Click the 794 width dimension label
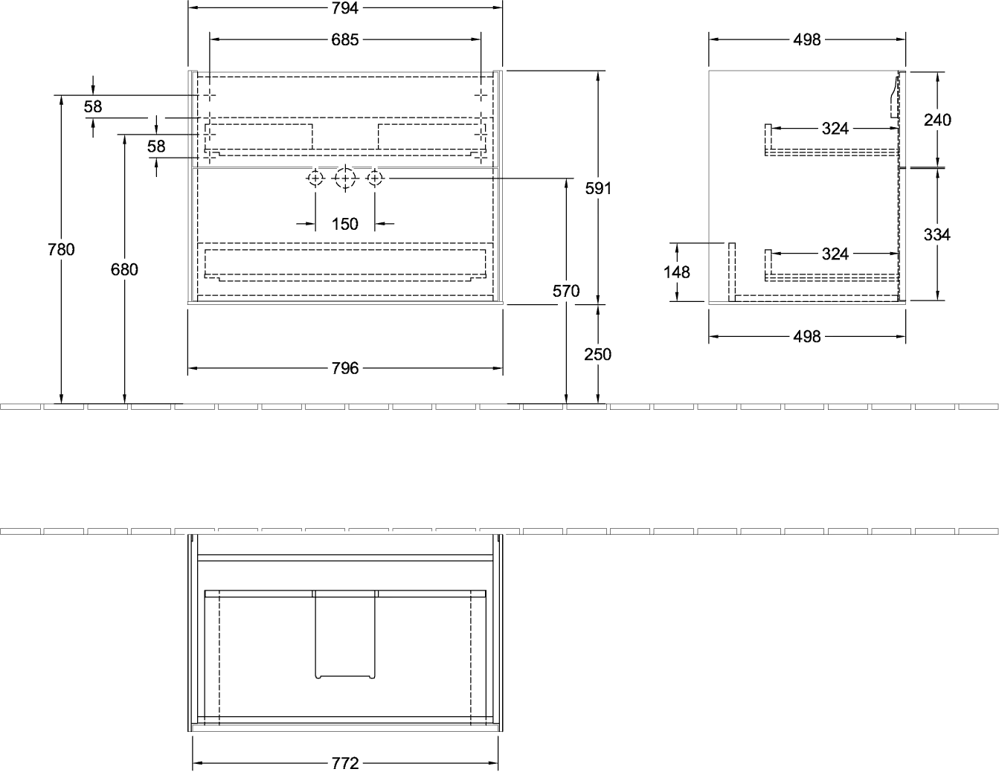[345, 8]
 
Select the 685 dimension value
[345, 40]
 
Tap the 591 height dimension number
[597, 188]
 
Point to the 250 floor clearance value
[597, 354]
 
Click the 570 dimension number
[566, 291]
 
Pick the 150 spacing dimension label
[345, 225]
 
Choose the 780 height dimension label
[61, 249]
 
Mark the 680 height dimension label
[124, 270]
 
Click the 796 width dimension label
[345, 368]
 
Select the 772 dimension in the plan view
[345, 763]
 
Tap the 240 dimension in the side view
[937, 120]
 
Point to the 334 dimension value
[937, 235]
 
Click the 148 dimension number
[677, 272]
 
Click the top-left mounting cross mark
[209, 95]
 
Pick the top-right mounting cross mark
[481, 95]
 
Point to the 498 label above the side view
[807, 40]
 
